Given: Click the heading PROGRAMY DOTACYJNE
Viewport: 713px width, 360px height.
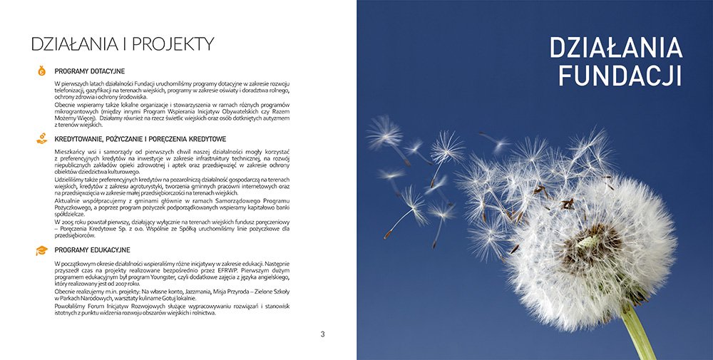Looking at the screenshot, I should [x=90, y=71].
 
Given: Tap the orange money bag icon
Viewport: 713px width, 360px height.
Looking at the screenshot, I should [x=42, y=71].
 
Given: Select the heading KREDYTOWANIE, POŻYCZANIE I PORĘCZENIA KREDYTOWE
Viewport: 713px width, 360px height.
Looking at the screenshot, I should [x=140, y=138].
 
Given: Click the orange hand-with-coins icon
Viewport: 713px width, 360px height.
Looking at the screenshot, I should [x=42, y=138].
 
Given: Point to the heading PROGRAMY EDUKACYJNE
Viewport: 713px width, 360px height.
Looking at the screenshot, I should [x=92, y=250].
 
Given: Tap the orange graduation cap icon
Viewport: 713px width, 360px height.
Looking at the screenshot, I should [x=42, y=250].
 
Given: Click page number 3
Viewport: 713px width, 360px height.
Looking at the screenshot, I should [x=322, y=334].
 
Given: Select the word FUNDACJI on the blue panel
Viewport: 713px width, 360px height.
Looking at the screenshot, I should [x=620, y=74].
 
